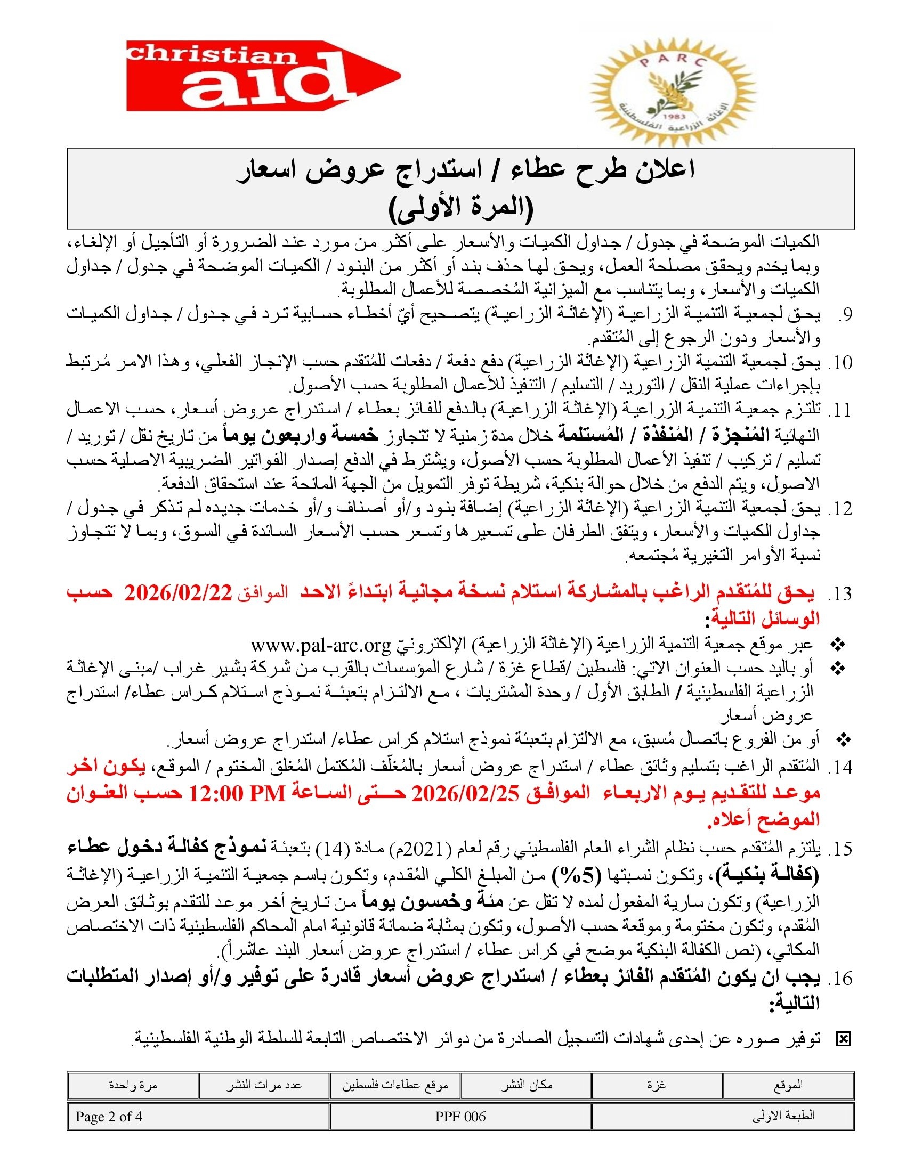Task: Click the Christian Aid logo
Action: [263, 76]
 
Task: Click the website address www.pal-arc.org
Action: [320, 645]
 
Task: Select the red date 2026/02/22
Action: [177, 594]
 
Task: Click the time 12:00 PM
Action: [237, 794]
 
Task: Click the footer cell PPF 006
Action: [460, 1117]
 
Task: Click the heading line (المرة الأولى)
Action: [460, 209]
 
